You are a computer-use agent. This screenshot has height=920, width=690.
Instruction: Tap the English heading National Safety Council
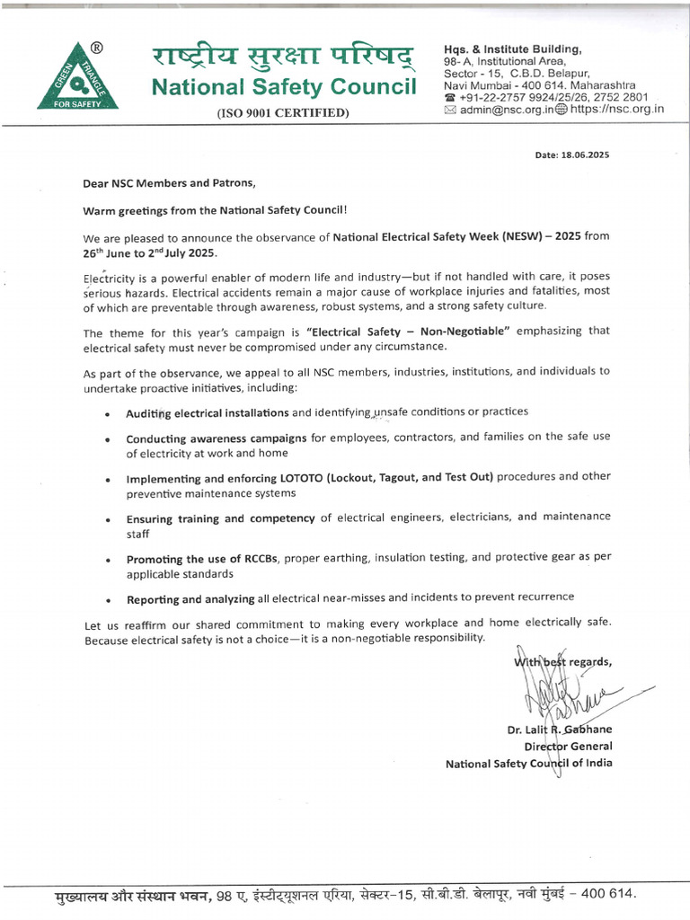click(x=284, y=88)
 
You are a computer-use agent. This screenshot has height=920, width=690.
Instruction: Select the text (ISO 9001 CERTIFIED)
click(x=283, y=113)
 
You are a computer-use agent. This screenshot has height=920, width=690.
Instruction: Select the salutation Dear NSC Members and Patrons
click(x=169, y=183)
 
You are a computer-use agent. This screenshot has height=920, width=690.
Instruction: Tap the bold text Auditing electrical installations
click(x=208, y=412)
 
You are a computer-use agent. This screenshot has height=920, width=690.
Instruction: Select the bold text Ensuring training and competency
click(x=220, y=517)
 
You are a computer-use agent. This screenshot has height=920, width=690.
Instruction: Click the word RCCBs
click(x=257, y=558)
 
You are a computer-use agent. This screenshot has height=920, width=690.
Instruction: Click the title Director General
click(x=568, y=747)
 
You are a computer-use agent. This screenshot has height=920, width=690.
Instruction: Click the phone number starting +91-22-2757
click(x=552, y=97)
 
